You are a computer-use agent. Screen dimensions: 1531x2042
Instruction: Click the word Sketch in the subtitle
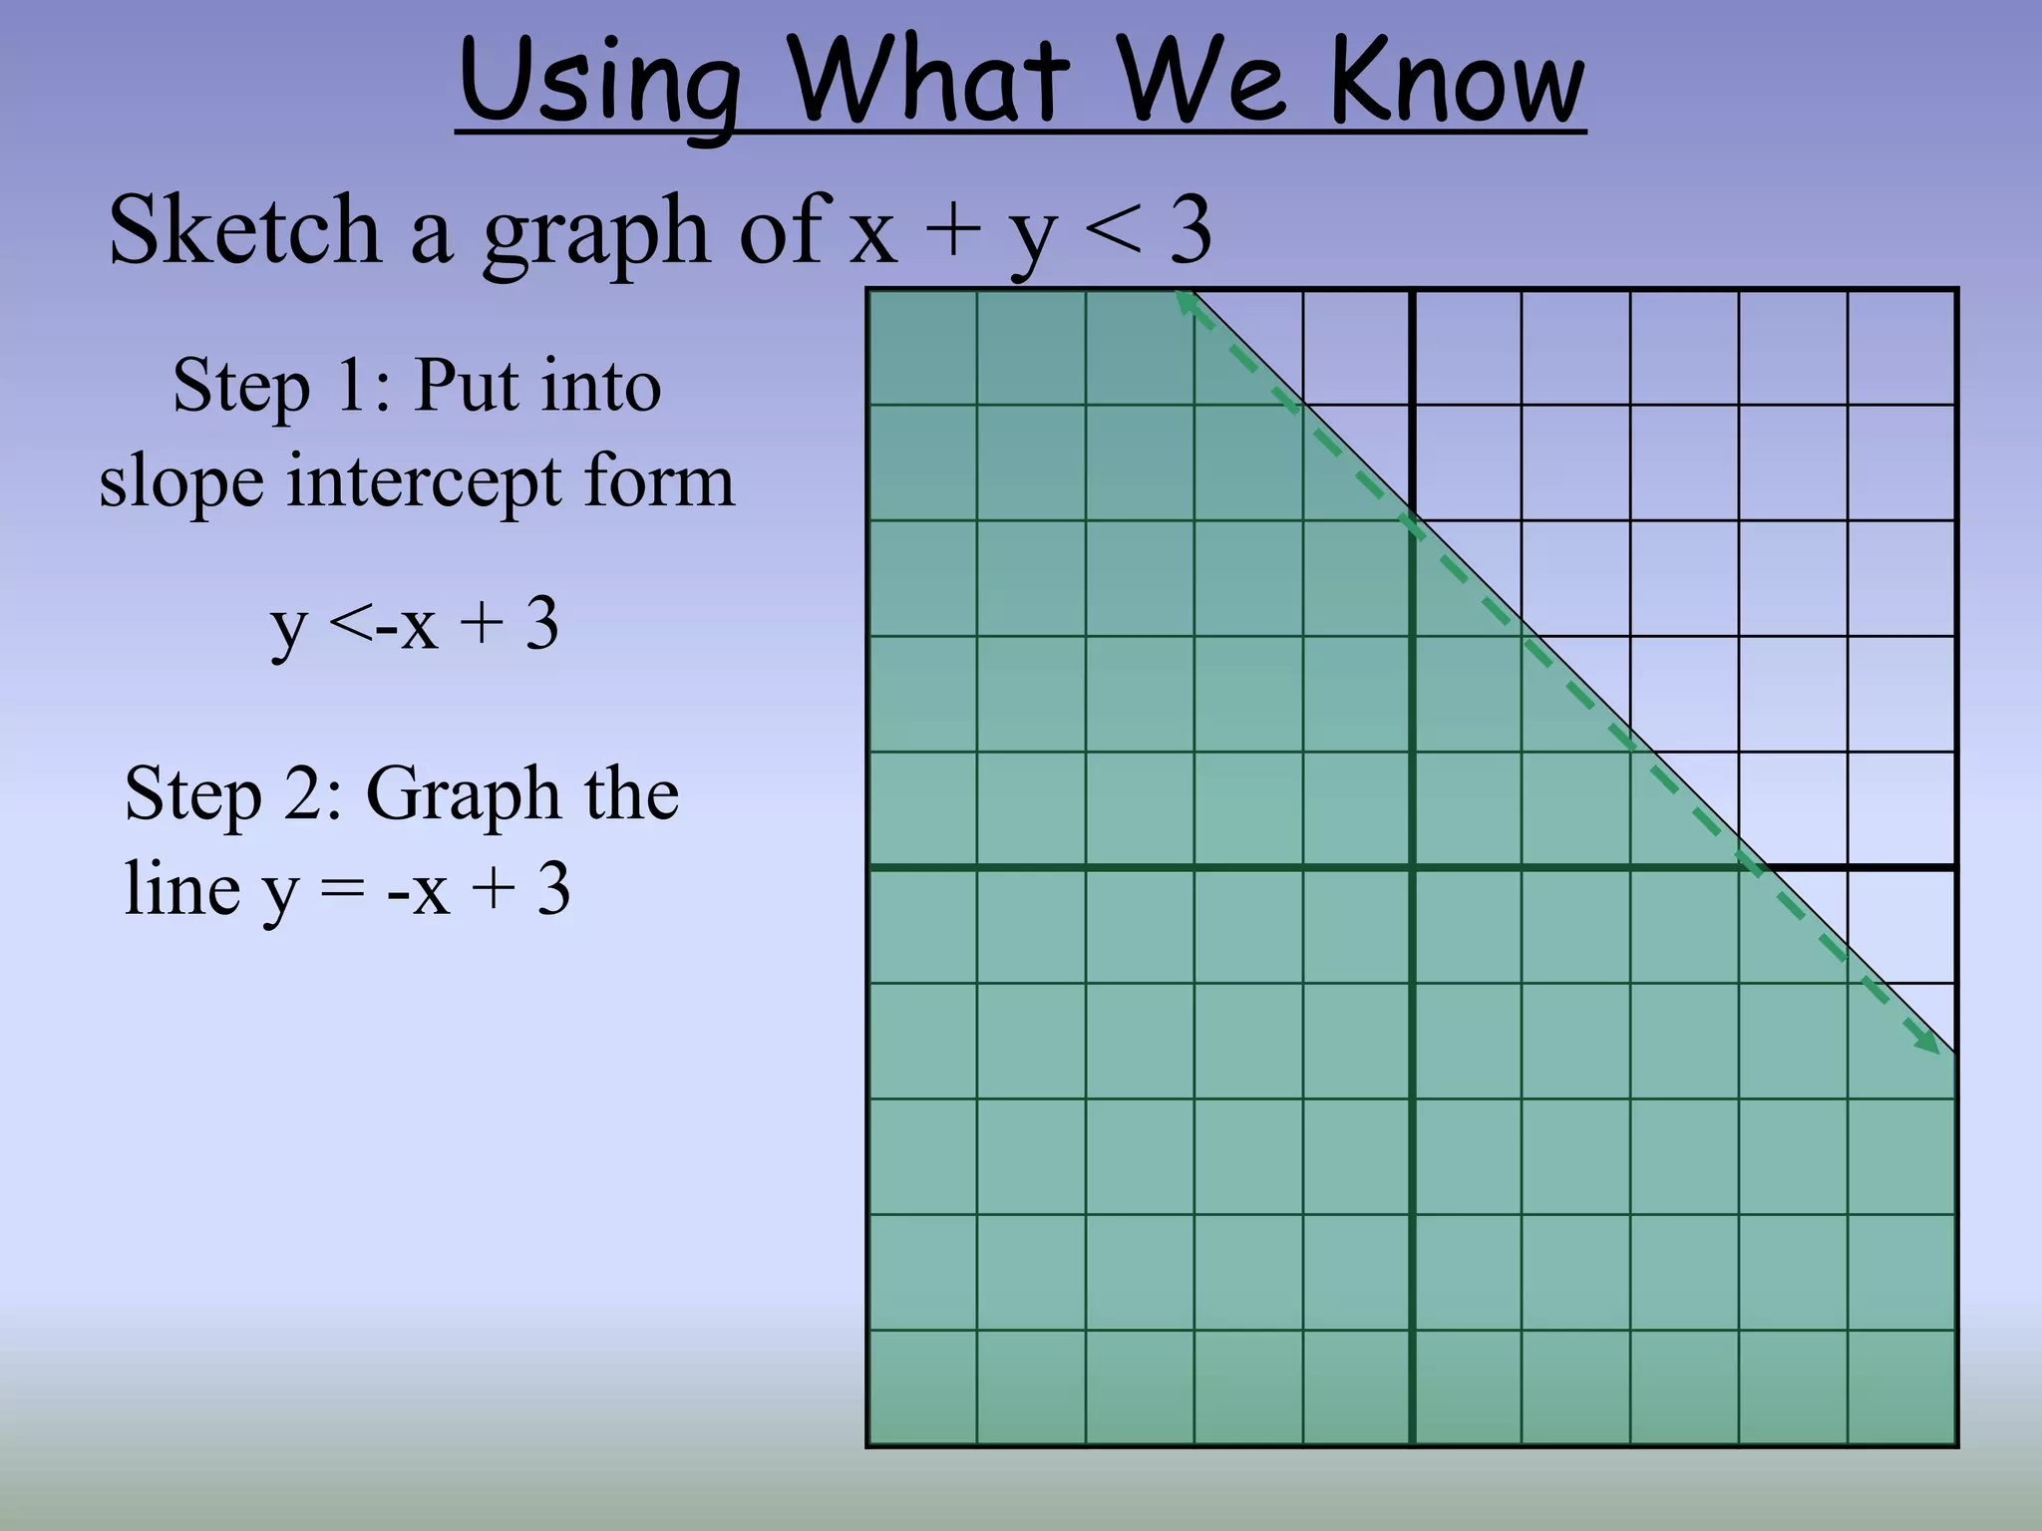(244, 231)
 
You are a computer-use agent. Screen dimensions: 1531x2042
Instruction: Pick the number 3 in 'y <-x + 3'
(541, 625)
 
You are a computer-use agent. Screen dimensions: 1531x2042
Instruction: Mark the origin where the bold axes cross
(1412, 868)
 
